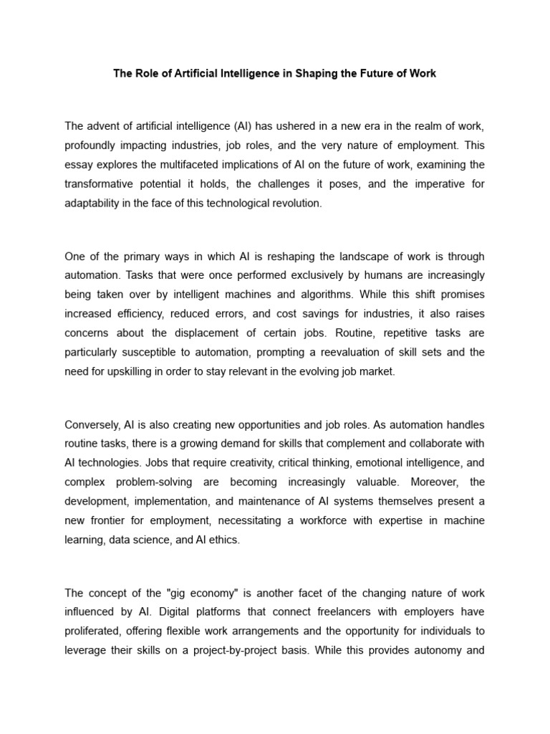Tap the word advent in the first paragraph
point(103,126)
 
